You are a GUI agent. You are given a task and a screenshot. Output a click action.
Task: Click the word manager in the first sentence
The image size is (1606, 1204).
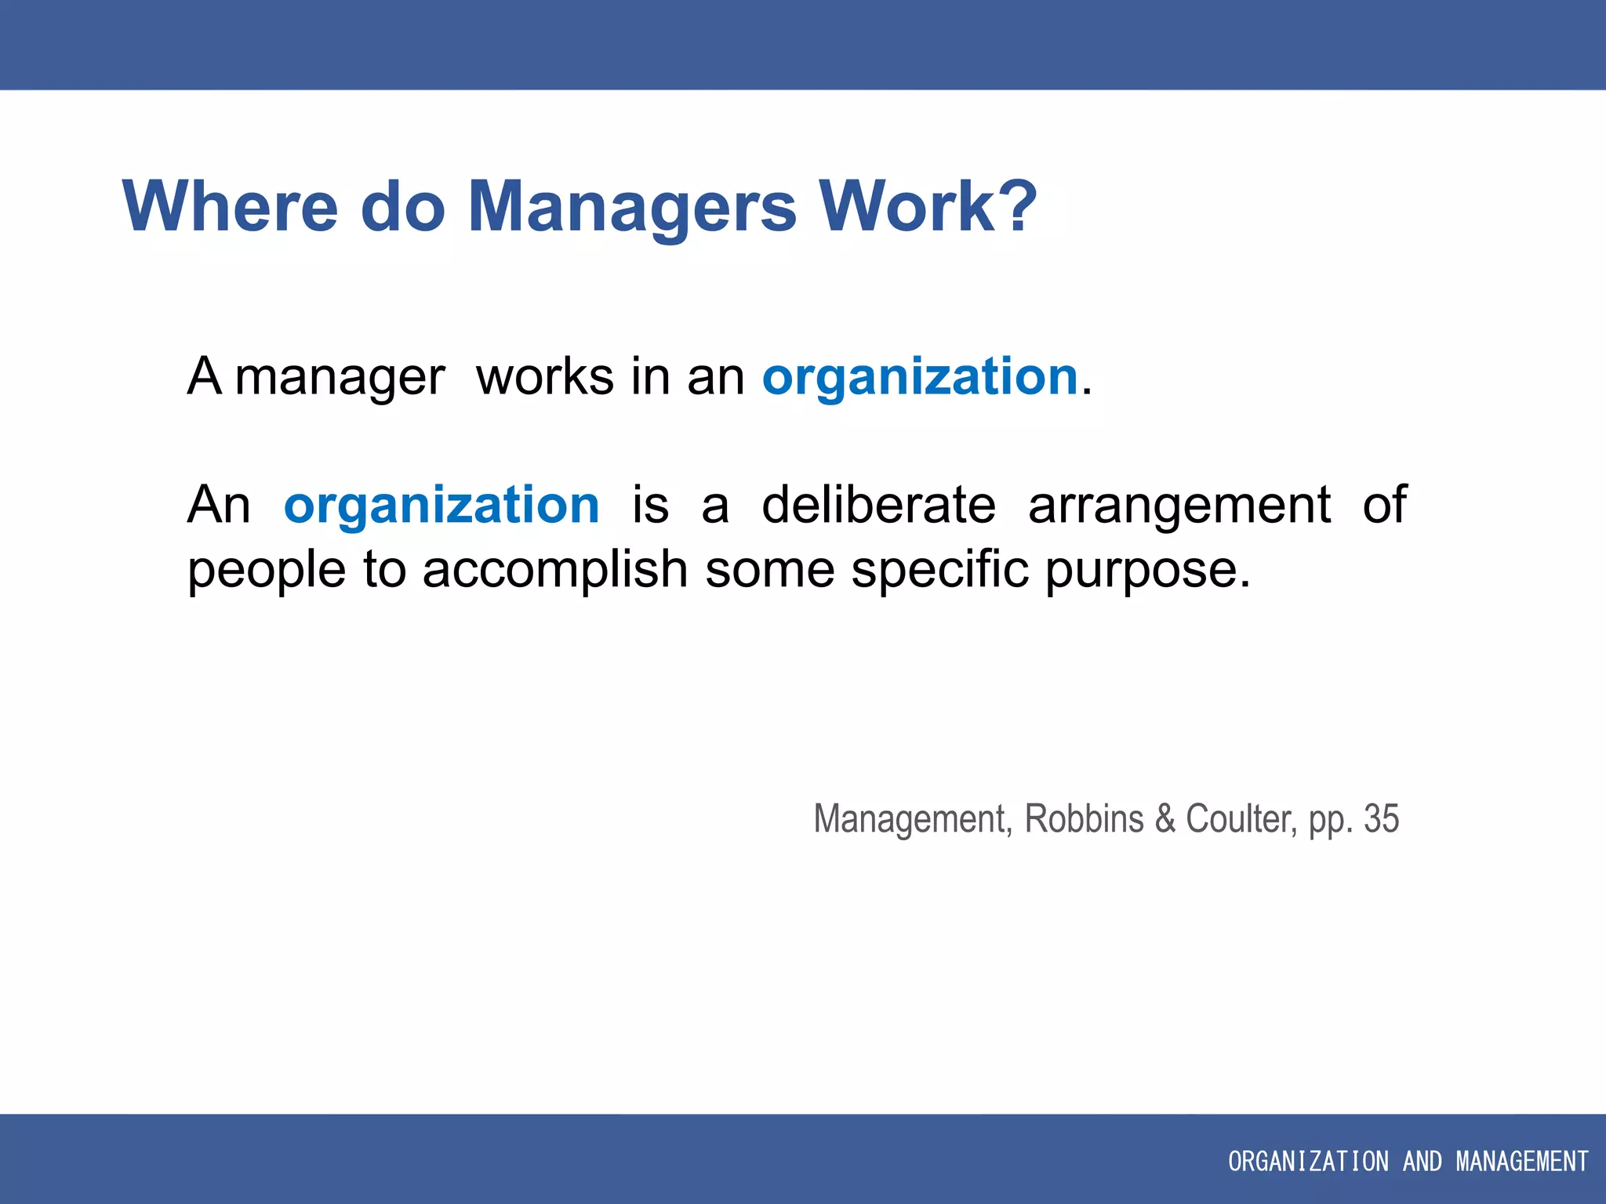[x=340, y=378]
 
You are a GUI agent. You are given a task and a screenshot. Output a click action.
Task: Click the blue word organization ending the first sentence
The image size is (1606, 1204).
[x=920, y=378]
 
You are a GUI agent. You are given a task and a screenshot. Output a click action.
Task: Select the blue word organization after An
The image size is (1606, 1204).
[x=441, y=506]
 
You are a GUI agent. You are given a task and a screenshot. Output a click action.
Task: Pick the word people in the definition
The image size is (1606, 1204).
[x=267, y=571]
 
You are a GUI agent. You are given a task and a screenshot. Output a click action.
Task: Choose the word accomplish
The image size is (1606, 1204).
[x=554, y=569]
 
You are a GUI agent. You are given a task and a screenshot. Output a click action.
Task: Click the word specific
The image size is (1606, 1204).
[x=939, y=569]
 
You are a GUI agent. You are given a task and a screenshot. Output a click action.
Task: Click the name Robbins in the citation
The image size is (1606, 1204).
[x=1084, y=819]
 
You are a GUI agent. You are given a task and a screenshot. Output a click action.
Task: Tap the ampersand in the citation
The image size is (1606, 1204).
[x=1165, y=819]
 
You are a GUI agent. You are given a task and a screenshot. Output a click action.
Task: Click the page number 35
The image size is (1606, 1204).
[x=1381, y=819]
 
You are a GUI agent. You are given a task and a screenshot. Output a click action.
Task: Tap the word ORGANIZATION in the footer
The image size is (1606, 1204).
[x=1307, y=1161]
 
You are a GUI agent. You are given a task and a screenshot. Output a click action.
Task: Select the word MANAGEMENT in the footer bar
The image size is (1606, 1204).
[x=1522, y=1161]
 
